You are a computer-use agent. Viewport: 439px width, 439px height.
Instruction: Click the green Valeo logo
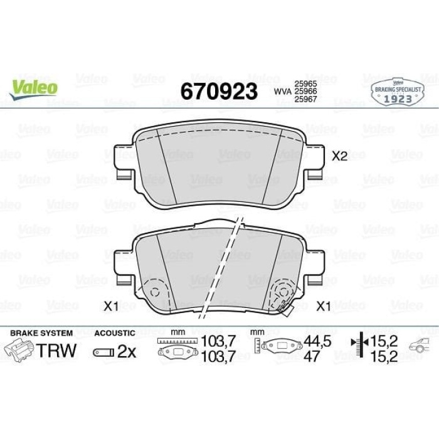(33, 88)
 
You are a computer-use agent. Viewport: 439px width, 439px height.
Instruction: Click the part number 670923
(219, 92)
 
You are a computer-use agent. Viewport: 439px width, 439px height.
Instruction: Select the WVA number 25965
(305, 83)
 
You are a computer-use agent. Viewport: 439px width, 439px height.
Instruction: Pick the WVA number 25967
(305, 99)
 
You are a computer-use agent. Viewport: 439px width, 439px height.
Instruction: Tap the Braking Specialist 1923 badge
(398, 92)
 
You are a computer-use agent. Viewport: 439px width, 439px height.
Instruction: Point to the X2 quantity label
(339, 156)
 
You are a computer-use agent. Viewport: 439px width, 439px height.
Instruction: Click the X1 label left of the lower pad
(111, 306)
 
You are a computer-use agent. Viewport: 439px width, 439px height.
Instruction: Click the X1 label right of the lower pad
(324, 306)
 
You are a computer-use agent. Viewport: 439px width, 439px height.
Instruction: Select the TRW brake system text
(56, 350)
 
